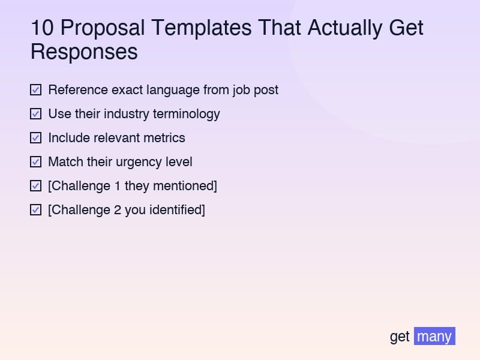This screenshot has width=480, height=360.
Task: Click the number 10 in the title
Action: point(42,28)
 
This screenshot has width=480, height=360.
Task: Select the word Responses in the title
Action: point(84,52)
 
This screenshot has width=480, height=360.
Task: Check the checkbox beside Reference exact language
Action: point(36,90)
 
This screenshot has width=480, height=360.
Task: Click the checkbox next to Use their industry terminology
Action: point(36,114)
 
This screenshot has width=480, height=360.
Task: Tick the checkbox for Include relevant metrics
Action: point(36,138)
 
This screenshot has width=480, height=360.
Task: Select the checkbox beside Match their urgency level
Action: point(36,162)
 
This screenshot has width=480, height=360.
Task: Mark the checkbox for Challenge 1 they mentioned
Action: point(36,186)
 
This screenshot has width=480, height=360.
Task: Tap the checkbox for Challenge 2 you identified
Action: point(36,210)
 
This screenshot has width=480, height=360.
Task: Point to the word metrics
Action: point(164,138)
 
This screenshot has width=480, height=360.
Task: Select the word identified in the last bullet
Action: point(177,210)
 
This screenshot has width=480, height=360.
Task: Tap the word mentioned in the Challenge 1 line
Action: point(184,186)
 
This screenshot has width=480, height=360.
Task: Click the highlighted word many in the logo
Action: point(434,336)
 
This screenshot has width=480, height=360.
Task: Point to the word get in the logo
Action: point(400,336)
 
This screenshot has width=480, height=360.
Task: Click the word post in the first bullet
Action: point(266,90)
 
